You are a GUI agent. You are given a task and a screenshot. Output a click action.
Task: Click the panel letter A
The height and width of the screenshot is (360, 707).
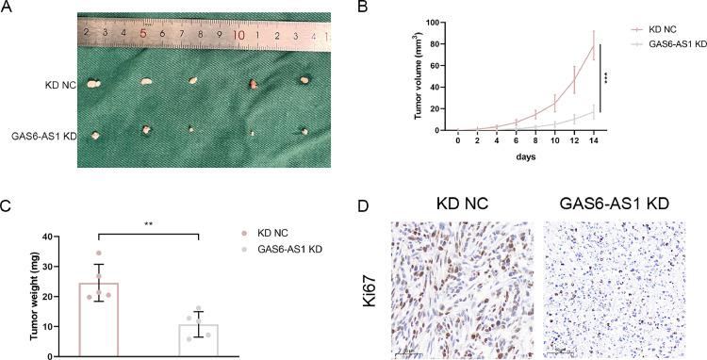point(7,8)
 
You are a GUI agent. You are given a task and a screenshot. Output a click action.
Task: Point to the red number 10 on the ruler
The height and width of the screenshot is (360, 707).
point(239,35)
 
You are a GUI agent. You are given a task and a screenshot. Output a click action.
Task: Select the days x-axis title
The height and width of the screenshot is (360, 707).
point(525,157)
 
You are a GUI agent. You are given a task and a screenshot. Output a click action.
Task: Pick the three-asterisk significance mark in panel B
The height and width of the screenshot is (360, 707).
point(606,78)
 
